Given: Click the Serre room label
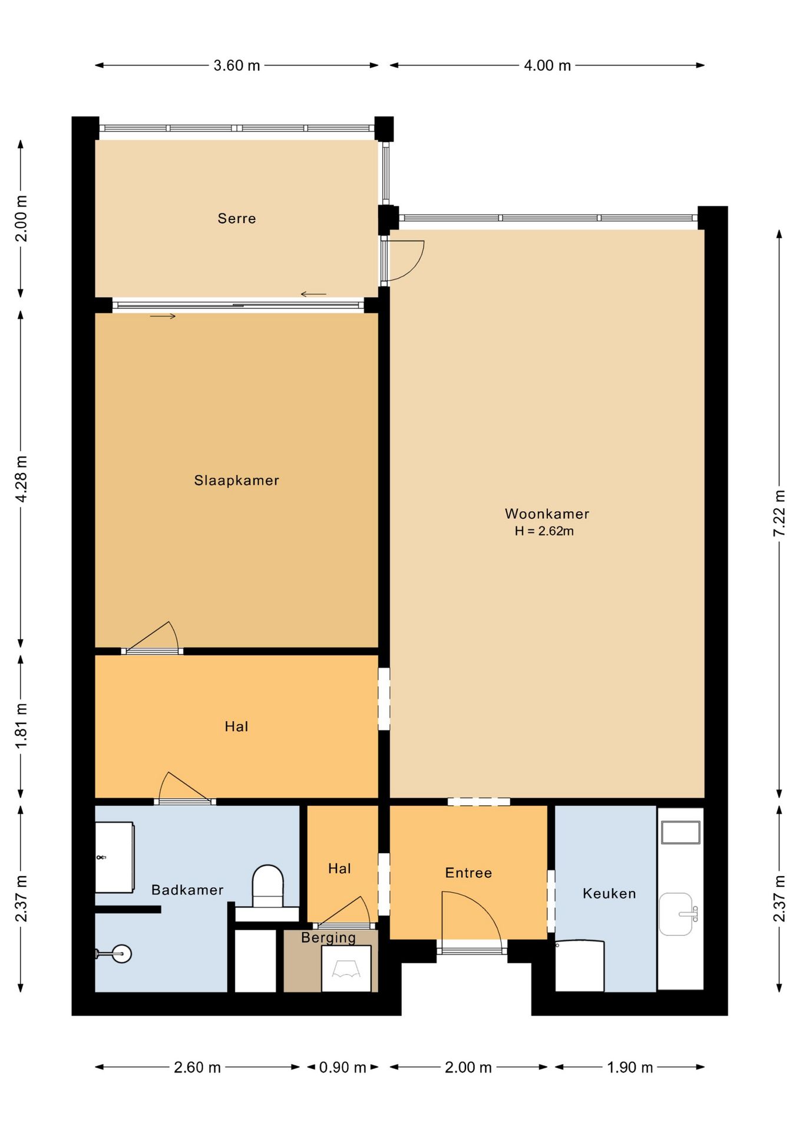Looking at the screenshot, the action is click(237, 219).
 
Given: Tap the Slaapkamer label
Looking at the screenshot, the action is click(237, 481).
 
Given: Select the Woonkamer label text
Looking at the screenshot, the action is click(547, 514).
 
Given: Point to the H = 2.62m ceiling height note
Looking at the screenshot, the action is click(544, 531).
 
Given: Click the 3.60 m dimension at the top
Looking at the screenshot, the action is click(237, 65).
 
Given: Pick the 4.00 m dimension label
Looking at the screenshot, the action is click(547, 65).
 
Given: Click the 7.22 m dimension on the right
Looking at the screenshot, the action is click(779, 513).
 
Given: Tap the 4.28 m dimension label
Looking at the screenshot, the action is click(21, 479).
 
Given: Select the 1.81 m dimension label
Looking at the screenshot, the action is click(21, 726).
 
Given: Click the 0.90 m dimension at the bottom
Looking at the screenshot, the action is click(343, 1067).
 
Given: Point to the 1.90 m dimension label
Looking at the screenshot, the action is click(630, 1067).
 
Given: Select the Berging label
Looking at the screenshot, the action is click(328, 937).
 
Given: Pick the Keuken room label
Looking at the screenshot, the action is click(609, 893).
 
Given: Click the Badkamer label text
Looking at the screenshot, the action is click(187, 890).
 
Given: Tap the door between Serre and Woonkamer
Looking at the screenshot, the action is click(404, 260).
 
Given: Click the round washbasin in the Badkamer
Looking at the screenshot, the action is click(121, 953).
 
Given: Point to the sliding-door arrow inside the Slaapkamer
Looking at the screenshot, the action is click(163, 317).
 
